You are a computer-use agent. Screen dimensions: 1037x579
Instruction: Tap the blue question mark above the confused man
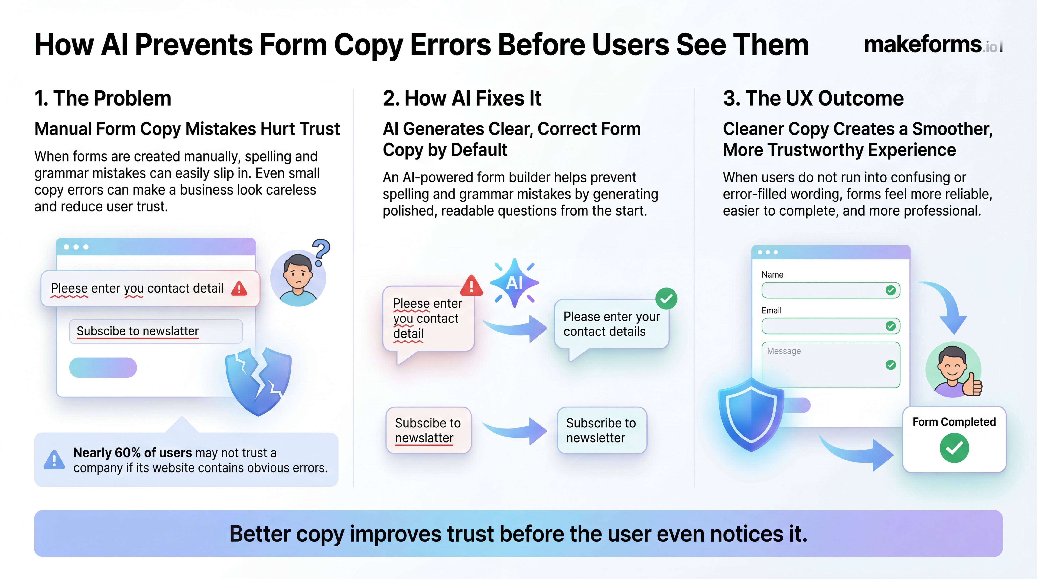click(x=321, y=252)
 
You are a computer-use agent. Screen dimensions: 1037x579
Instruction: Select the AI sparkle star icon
click(x=515, y=283)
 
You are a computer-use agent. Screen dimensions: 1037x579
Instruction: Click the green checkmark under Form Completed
click(x=954, y=448)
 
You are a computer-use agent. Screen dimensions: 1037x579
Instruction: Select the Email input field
click(x=831, y=326)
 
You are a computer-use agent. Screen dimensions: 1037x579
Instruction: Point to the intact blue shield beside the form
click(x=751, y=415)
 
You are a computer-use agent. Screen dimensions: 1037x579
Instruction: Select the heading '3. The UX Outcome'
click(x=813, y=98)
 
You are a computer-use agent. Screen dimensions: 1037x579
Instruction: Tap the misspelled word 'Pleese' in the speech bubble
click(x=411, y=303)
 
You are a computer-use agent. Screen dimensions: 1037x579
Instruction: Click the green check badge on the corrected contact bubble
click(x=666, y=298)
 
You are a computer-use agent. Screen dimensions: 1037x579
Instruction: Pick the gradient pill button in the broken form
click(x=103, y=367)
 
